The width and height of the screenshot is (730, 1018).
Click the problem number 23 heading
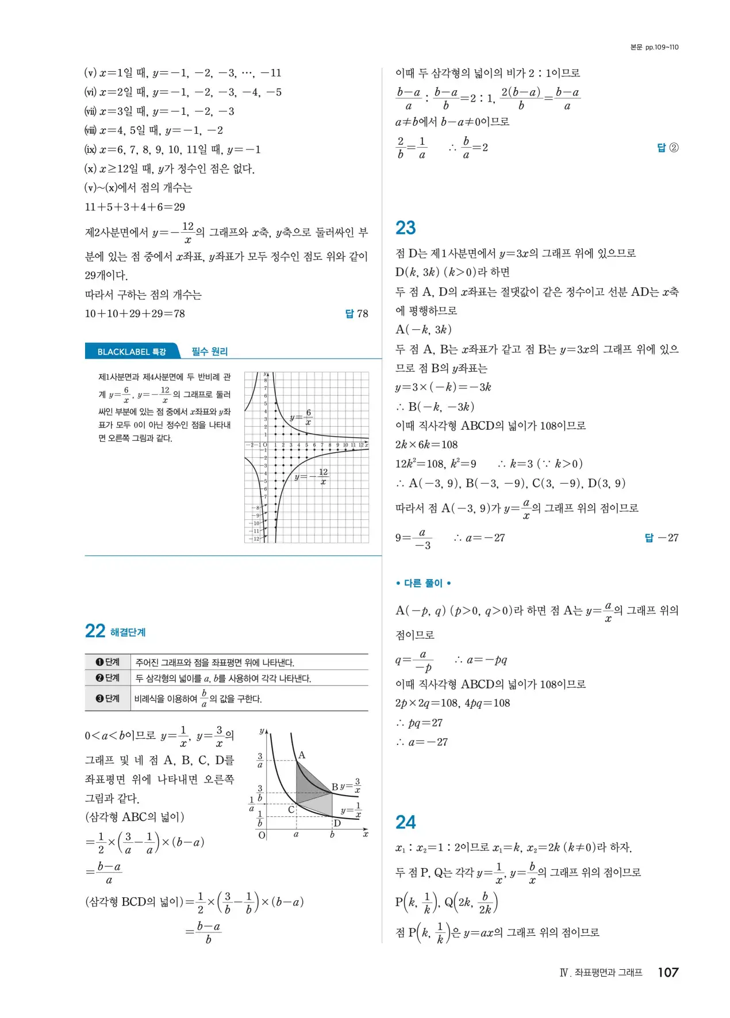pos(405,228)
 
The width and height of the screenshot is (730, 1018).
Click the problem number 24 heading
pos(405,823)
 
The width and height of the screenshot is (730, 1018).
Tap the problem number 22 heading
pos(95,631)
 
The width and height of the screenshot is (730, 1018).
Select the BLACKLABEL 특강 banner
pos(132,352)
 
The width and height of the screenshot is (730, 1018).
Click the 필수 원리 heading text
pos(210,352)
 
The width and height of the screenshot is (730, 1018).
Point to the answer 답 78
pos(356,314)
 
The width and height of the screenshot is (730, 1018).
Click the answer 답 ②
pos(667,148)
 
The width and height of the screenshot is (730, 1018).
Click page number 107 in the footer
pos(668,972)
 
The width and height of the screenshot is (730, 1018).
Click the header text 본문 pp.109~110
pos(654,47)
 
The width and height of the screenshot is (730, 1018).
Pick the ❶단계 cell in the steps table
pos(107,662)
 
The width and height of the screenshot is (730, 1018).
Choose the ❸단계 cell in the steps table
pos(107,699)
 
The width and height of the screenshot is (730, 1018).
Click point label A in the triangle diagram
pos(302,755)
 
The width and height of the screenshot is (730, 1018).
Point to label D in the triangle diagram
pos(337,823)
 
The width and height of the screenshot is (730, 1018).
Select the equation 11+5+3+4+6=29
pos(135,207)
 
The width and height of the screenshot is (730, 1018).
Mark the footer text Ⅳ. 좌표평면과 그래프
pos(601,973)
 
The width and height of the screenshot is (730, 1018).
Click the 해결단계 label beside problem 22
pos(128,633)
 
